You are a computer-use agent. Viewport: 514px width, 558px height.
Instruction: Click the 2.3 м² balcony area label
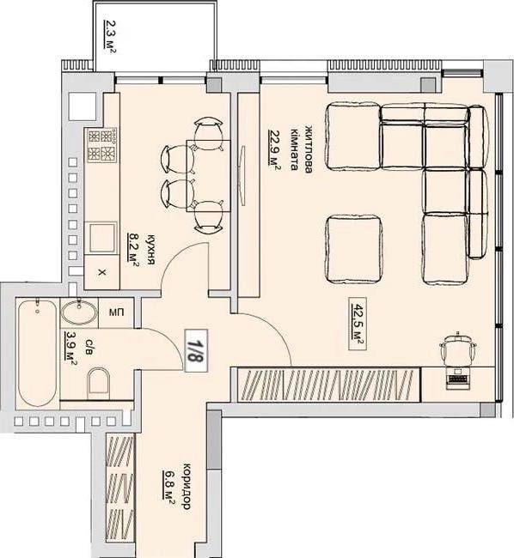110,37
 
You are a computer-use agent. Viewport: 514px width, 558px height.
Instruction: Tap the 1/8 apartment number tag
196,350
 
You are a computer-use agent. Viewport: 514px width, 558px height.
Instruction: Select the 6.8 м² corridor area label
168,488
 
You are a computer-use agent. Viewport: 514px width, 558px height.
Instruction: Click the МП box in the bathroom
116,312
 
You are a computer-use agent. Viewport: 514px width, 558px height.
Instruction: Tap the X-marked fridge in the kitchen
101,273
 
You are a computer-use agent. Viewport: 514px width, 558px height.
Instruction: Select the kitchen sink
102,237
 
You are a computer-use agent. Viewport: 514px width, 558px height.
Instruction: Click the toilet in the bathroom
98,383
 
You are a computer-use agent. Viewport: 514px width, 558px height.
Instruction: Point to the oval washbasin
79,312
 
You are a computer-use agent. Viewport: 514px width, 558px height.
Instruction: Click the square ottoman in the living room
354,249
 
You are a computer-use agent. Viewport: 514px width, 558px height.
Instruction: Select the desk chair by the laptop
457,349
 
